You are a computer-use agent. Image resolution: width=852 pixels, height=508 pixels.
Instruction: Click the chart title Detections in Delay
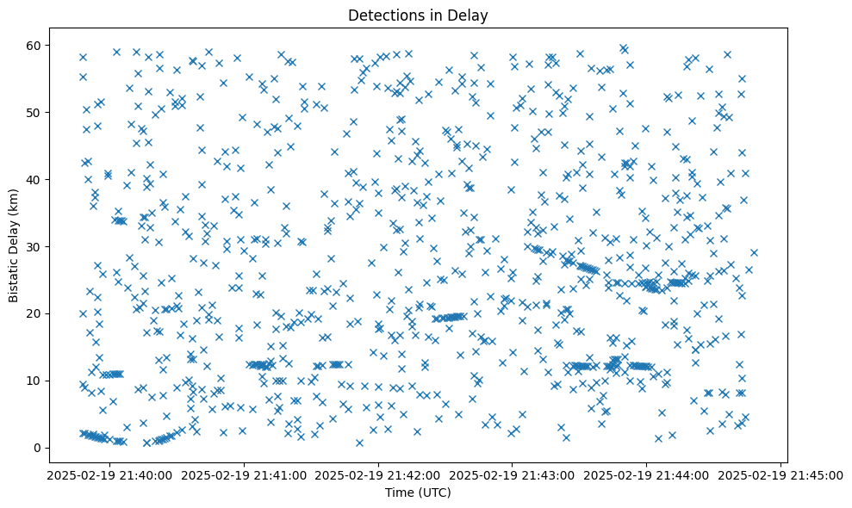pos(417,15)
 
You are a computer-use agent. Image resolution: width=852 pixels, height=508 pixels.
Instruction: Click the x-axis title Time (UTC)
pos(417,493)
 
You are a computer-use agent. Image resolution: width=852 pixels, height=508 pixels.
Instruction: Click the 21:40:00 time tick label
pos(109,474)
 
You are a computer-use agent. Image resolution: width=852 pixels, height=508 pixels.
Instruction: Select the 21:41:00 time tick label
pos(244,474)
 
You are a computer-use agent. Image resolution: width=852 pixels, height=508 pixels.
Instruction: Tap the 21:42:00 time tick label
pos(378,474)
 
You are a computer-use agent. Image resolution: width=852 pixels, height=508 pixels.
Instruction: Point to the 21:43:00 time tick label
pos(513,474)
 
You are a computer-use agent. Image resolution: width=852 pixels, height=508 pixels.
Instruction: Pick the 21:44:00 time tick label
pos(647,474)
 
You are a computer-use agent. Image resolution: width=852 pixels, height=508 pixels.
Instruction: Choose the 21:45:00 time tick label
pos(781,474)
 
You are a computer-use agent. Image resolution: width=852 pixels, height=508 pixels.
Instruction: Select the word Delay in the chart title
pos(470,15)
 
